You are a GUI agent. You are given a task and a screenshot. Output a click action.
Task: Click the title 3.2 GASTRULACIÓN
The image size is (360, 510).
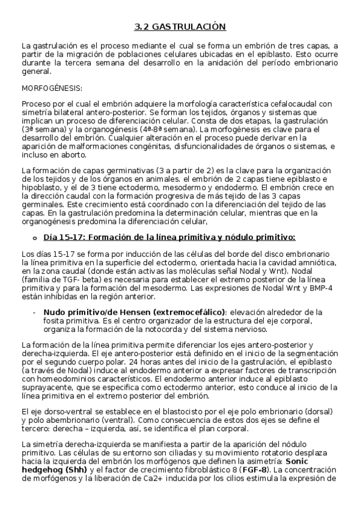coord(180,26)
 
